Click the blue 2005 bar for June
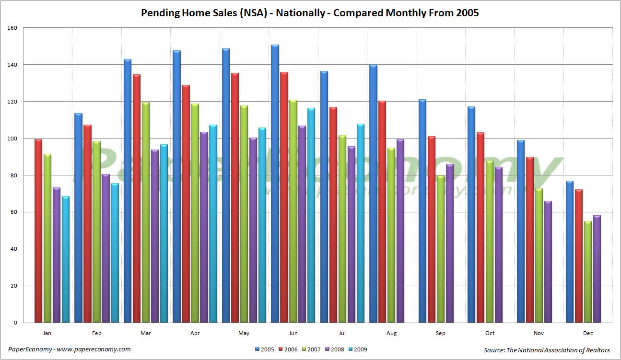pyautogui.click(x=275, y=184)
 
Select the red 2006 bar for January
pyautogui.click(x=38, y=231)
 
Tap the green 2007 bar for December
pyautogui.click(x=587, y=272)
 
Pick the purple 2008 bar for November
pyautogui.click(x=548, y=262)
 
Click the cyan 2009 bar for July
pyautogui.click(x=361, y=223)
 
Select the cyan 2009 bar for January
pyautogui.click(x=65, y=259)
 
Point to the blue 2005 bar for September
pyautogui.click(x=422, y=211)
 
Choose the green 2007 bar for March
pyautogui.click(x=145, y=212)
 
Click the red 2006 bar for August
pyautogui.click(x=382, y=212)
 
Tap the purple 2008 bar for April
pyautogui.click(x=204, y=227)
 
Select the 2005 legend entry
pyautogui.click(x=265, y=349)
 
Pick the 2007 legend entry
pyautogui.click(x=311, y=349)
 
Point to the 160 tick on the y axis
pyautogui.click(x=12, y=28)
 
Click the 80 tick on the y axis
pyautogui.click(x=13, y=175)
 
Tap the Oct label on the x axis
pyautogui.click(x=490, y=333)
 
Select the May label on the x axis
pyautogui.click(x=244, y=333)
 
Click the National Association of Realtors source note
pyautogui.click(x=547, y=350)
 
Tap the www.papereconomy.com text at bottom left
pyautogui.click(x=94, y=349)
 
